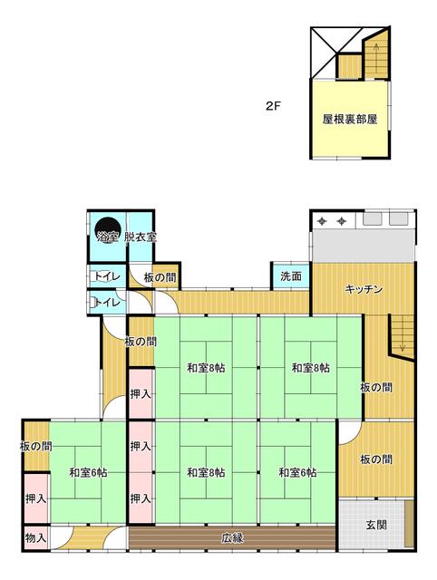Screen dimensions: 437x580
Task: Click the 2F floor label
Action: pyautogui.click(x=273, y=107)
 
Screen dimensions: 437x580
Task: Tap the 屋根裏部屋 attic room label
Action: pyautogui.click(x=350, y=120)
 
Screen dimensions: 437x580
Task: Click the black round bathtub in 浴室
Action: pyautogui.click(x=108, y=229)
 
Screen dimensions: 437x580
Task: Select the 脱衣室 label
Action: pyautogui.click(x=141, y=237)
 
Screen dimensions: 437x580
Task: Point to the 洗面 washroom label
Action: pyautogui.click(x=291, y=276)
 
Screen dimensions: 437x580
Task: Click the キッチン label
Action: pyautogui.click(x=364, y=289)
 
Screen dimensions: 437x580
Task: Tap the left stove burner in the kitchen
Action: pyautogui.click(x=322, y=221)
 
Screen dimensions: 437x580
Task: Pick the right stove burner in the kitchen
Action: pyautogui.click(x=341, y=221)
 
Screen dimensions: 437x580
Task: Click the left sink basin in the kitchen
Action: pyautogui.click(x=372, y=219)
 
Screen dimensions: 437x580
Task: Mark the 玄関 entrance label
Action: pyautogui.click(x=376, y=525)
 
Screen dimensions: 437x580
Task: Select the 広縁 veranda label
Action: pyautogui.click(x=232, y=538)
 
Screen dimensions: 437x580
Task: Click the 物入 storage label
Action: pyautogui.click(x=36, y=537)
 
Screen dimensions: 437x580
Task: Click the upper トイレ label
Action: pyautogui.click(x=107, y=276)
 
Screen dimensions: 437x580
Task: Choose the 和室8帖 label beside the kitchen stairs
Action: pyautogui.click(x=311, y=368)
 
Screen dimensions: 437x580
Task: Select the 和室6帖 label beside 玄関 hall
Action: pyautogui.click(x=298, y=473)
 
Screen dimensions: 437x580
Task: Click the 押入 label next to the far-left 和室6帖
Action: pyautogui.click(x=36, y=499)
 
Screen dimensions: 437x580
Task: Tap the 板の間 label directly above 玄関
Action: pyautogui.click(x=376, y=459)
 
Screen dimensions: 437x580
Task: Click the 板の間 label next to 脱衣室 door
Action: pyautogui.click(x=160, y=277)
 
